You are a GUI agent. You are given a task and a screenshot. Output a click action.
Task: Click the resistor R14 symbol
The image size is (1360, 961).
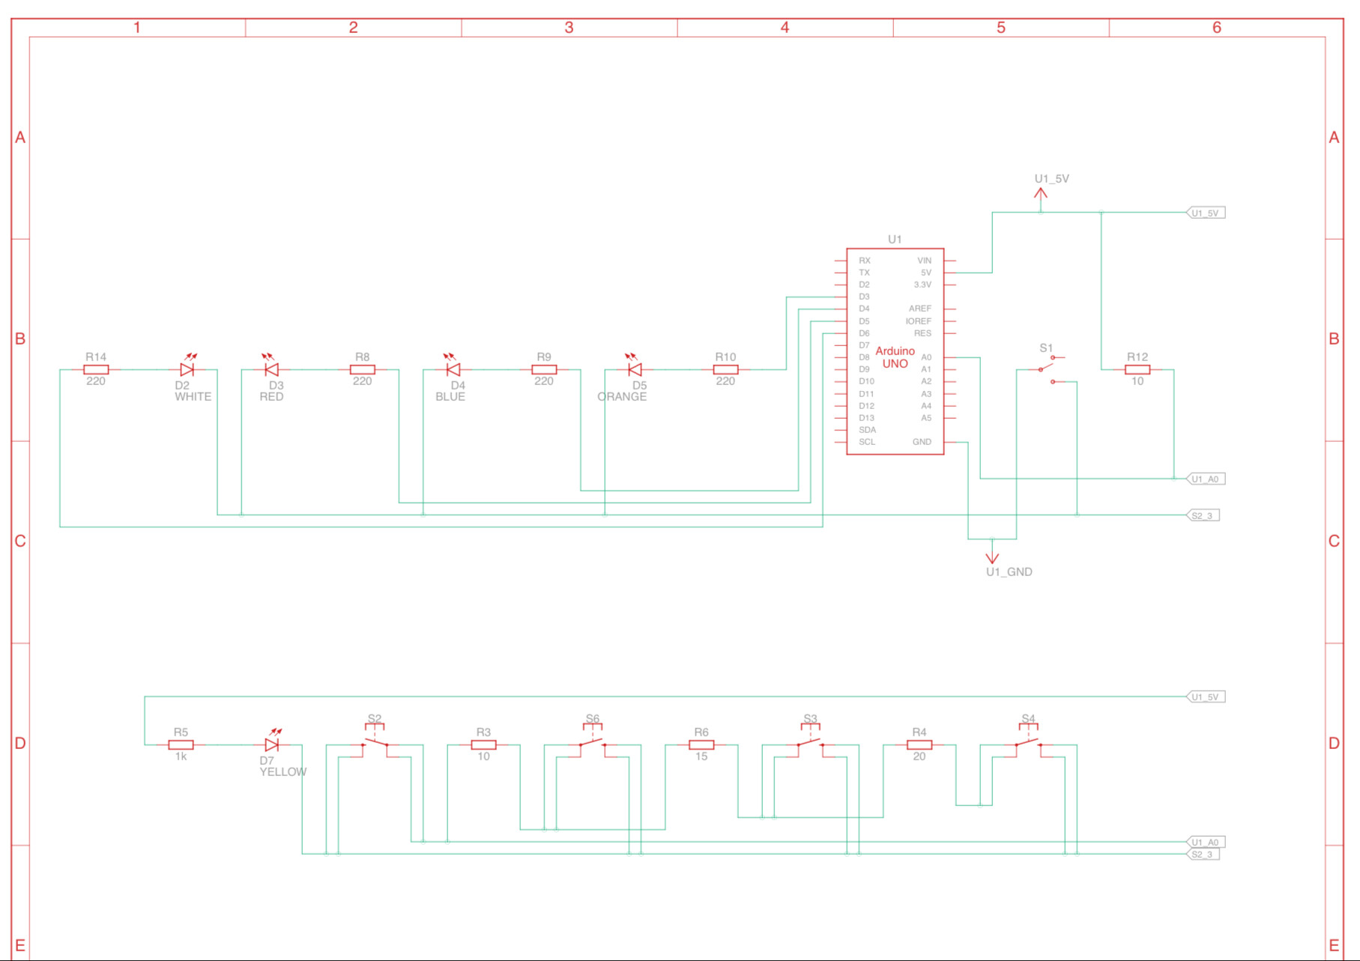click(96, 369)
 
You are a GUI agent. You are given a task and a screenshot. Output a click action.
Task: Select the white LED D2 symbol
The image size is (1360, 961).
click(187, 369)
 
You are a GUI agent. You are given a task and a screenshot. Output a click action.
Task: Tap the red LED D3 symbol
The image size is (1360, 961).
click(272, 369)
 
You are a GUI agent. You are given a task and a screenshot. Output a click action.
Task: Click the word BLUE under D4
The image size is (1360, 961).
click(450, 397)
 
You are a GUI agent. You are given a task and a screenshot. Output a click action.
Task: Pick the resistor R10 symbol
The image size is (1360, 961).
click(725, 369)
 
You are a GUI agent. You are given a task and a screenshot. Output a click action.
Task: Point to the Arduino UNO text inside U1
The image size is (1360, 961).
click(895, 357)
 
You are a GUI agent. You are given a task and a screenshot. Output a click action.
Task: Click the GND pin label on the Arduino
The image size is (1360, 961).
click(922, 442)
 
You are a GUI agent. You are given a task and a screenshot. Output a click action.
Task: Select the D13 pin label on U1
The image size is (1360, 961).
click(866, 418)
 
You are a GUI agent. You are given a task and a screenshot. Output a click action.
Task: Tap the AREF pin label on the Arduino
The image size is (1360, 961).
click(919, 309)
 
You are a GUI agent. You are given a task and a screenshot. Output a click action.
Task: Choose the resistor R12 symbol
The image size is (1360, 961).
click(1137, 369)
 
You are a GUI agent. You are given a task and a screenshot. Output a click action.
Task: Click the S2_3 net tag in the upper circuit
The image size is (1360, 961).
click(1203, 515)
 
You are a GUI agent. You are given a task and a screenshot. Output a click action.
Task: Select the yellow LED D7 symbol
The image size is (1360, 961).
click(272, 745)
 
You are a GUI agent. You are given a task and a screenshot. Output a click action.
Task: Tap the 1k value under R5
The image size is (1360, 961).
click(181, 757)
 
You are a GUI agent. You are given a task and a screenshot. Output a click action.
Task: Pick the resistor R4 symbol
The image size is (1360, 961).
click(919, 745)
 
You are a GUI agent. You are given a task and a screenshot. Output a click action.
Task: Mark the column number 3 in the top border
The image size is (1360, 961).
click(569, 28)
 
